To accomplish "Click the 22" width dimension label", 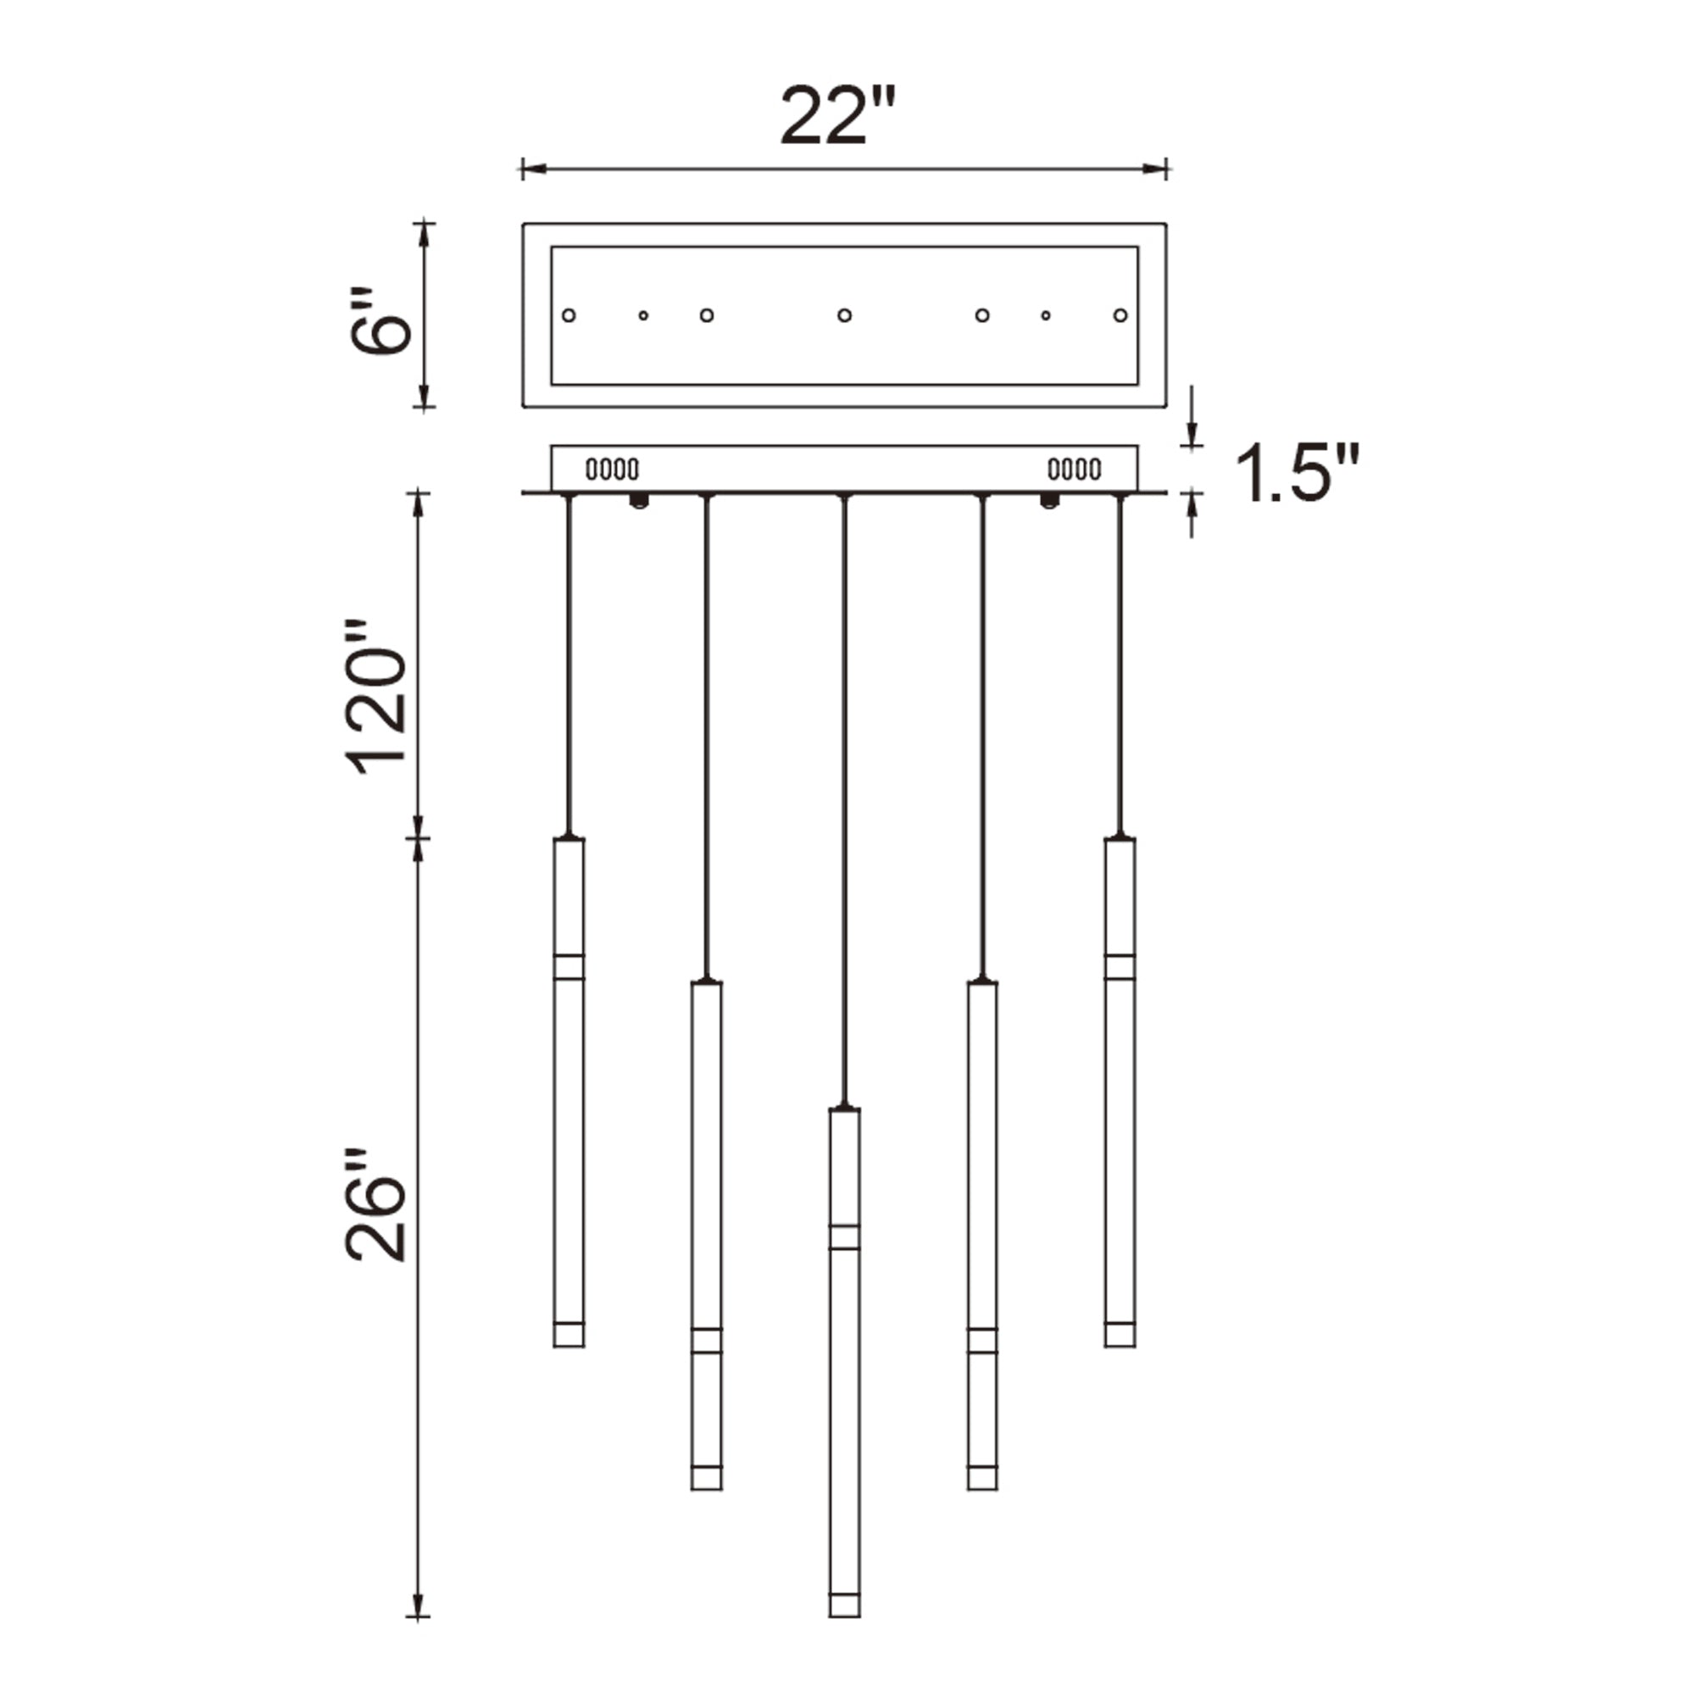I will [837, 116].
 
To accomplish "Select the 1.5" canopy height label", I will [1297, 473].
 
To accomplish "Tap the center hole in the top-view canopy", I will [844, 315].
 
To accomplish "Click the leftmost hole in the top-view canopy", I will [569, 315].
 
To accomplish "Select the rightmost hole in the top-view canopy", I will [1120, 315].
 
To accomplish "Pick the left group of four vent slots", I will [612, 470].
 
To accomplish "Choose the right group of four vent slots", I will [1074, 470].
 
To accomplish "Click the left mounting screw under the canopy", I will [640, 501].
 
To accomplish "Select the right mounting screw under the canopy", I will [1048, 501].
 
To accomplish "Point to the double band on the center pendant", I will [844, 1237].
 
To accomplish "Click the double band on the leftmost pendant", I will [569, 966].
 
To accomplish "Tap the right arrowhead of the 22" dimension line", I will [1156, 169].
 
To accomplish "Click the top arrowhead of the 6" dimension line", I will [424, 231].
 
